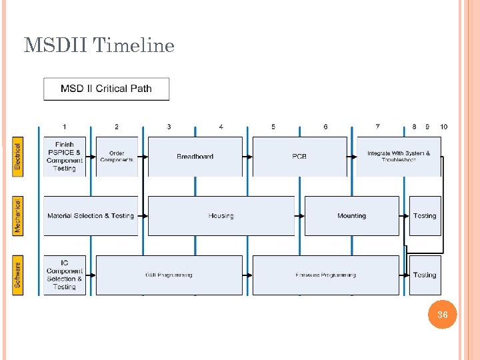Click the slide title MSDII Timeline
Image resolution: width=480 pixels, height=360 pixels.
[x=99, y=45]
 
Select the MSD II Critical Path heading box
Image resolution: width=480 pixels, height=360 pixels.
[x=106, y=89]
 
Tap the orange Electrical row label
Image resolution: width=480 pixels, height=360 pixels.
[x=17, y=157]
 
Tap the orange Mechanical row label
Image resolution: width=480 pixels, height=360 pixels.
[x=17, y=215]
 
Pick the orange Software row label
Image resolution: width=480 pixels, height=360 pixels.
[x=17, y=275]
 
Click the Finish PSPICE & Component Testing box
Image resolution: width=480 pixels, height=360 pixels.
[x=65, y=157]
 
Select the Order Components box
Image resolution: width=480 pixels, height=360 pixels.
[x=117, y=157]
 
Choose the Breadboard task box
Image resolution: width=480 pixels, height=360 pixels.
[x=195, y=157]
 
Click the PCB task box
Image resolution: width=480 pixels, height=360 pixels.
[x=299, y=157]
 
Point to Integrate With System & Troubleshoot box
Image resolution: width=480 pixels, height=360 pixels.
[x=399, y=157]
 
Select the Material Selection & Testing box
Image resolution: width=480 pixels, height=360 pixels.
[x=91, y=216]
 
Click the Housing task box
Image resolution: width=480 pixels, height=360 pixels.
[x=221, y=216]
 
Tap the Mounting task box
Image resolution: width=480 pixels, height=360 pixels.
[x=351, y=216]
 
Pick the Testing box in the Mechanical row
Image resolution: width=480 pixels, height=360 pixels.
[x=425, y=216]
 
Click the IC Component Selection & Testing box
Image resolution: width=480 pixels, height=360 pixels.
[x=65, y=275]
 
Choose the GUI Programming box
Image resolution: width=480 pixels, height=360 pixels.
[x=169, y=275]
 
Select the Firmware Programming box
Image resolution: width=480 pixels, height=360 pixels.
[x=325, y=275]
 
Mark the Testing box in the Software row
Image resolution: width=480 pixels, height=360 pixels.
[x=425, y=275]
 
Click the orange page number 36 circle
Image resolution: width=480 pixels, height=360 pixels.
[x=443, y=315]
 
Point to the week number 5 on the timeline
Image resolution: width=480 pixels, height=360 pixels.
[x=273, y=127]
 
